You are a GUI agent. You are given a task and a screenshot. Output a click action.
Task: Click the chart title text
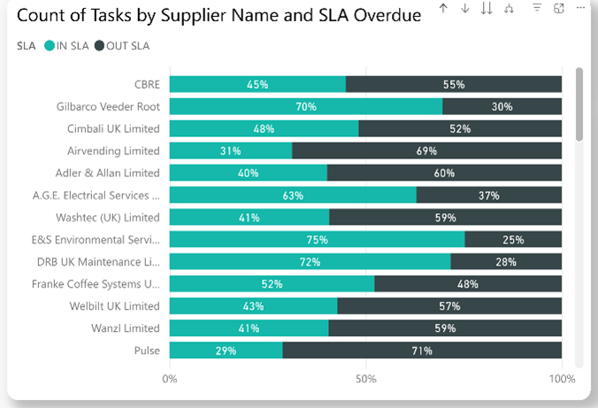[218, 17]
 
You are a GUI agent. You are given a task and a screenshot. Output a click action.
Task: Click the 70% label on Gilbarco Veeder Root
[306, 106]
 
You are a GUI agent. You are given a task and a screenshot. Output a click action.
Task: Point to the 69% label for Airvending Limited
[426, 151]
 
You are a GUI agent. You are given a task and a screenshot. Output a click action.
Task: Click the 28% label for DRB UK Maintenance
[506, 262]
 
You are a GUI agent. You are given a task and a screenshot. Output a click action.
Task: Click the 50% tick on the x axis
[366, 379]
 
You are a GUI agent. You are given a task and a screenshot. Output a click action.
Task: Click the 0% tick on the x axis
[170, 379]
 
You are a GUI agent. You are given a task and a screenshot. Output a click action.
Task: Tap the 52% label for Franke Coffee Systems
[272, 284]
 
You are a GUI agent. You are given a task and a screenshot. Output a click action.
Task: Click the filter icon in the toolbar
[537, 8]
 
